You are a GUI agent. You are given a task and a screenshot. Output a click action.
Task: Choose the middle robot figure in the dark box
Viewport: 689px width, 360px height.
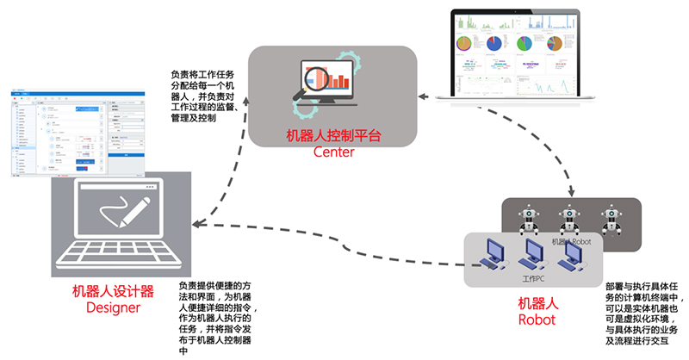(x=567, y=219)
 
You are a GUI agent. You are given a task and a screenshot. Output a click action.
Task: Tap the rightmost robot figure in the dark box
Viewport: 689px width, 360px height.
(x=611, y=219)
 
